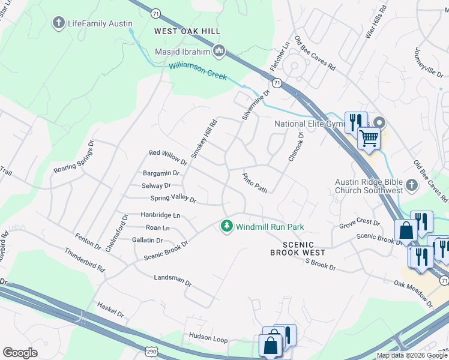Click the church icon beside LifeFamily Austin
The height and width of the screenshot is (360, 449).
[58, 23]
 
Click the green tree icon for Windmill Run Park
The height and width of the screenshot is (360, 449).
[226, 227]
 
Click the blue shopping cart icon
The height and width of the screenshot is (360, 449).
[369, 138]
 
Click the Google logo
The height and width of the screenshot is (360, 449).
[20, 353]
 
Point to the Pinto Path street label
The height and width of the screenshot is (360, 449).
[254, 183]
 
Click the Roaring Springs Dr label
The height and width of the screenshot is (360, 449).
[74, 158]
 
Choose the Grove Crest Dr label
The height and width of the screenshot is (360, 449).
[360, 223]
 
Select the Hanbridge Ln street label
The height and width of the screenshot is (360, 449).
[160, 215]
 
